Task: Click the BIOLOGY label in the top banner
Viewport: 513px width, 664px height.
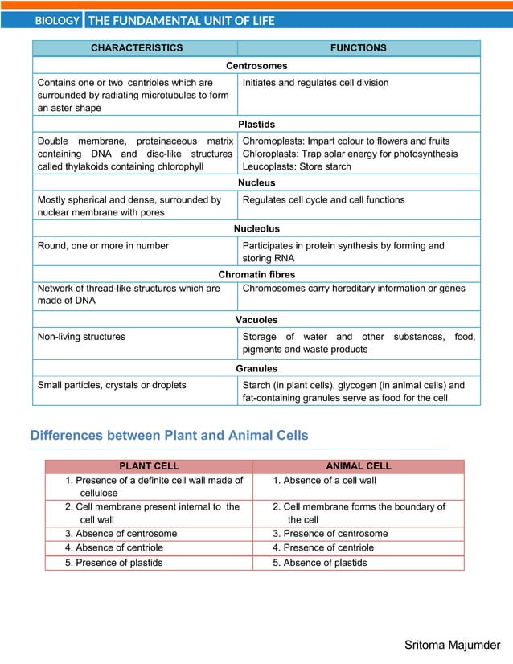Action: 57,21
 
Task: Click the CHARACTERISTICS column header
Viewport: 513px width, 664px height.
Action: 136,48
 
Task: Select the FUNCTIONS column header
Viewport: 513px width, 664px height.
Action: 358,48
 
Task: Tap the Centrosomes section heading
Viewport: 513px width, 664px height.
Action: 256,66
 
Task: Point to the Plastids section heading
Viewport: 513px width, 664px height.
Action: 256,125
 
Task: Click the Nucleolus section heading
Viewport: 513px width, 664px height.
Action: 256,229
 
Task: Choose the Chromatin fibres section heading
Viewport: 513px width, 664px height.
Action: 256,275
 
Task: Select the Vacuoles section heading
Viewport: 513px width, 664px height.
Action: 256,320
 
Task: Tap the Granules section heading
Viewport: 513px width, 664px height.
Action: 256,368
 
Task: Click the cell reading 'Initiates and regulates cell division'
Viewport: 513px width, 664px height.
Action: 315,83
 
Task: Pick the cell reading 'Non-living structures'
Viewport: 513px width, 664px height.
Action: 81,337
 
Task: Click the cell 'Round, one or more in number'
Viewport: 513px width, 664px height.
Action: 103,246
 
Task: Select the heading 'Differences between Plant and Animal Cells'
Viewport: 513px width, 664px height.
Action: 169,436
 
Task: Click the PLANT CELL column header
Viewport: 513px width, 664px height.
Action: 149,466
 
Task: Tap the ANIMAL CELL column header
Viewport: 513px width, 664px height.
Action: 358,466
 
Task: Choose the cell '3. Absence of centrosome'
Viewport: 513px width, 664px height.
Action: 121,534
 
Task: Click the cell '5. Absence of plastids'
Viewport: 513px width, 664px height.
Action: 320,563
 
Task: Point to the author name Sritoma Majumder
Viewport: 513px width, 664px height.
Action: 452,645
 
